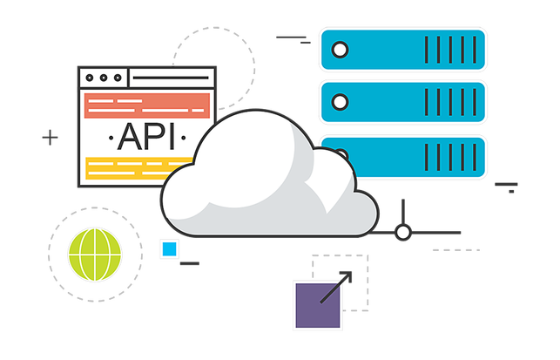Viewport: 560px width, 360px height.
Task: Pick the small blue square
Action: point(167,250)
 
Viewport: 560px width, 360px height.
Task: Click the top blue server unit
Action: point(401,49)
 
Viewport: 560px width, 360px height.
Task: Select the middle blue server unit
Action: point(401,102)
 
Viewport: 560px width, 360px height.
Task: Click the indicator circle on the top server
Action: point(341,49)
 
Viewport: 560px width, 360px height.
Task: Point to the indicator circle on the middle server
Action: point(341,102)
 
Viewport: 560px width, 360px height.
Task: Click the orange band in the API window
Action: point(145,107)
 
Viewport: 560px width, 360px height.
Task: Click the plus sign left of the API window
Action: point(51,137)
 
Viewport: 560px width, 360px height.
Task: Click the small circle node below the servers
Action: point(402,232)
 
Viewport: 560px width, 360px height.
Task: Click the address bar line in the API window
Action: point(170,78)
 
